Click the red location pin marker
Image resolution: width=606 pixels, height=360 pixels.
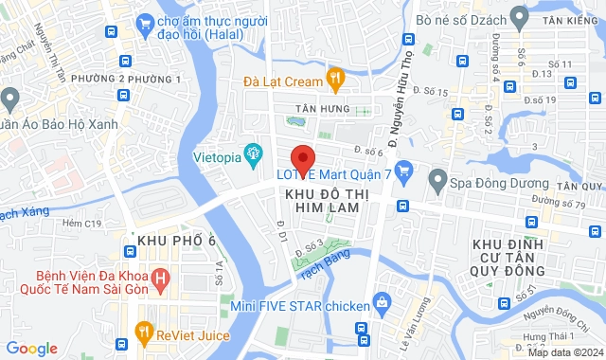302,158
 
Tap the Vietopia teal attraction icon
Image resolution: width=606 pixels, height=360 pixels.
253,152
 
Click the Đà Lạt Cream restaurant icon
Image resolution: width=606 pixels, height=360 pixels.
333,78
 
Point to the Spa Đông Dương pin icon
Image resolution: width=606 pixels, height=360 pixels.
437,178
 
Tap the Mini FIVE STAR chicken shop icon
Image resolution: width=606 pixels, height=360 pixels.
381,304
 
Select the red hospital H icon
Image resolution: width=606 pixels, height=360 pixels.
160,280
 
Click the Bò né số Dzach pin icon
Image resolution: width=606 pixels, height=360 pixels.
518,16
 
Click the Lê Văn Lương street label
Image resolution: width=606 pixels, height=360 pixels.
410,331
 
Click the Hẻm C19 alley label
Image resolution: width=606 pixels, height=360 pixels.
80,225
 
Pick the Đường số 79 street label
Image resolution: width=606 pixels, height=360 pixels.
560,202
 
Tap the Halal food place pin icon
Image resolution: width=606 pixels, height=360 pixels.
145,22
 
